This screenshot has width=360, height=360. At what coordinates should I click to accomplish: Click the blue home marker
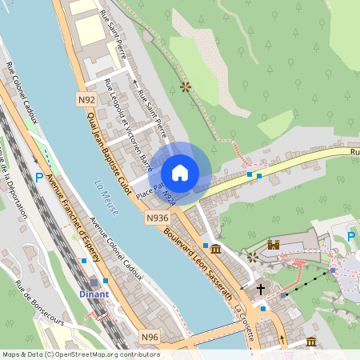pos(180,172)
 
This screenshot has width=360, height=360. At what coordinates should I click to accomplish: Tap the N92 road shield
pos(87,99)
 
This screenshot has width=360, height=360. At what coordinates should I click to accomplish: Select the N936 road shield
pos(157,217)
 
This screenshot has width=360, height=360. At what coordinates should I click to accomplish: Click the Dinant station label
pos(94,294)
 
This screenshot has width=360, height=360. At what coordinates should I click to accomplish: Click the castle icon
pos(274,245)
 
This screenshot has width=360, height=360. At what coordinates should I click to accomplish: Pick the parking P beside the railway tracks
pos(39,178)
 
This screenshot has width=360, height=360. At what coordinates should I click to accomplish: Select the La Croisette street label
pos(244,321)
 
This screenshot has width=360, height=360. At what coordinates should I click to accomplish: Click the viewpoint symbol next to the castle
pos(253,257)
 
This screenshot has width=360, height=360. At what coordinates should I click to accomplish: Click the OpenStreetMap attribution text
pos(80,354)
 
